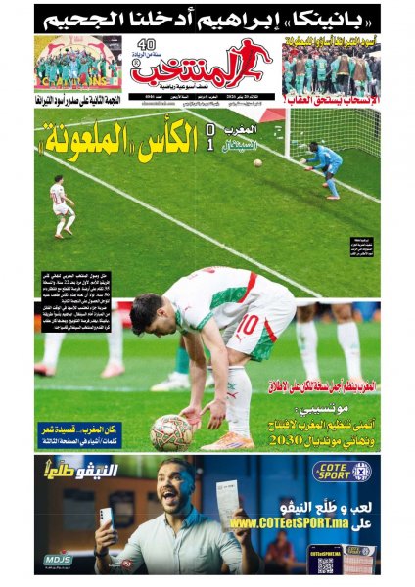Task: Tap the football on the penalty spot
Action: coord(171,431)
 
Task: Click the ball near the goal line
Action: coord(258,162)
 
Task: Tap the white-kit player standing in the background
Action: coord(62,204)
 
